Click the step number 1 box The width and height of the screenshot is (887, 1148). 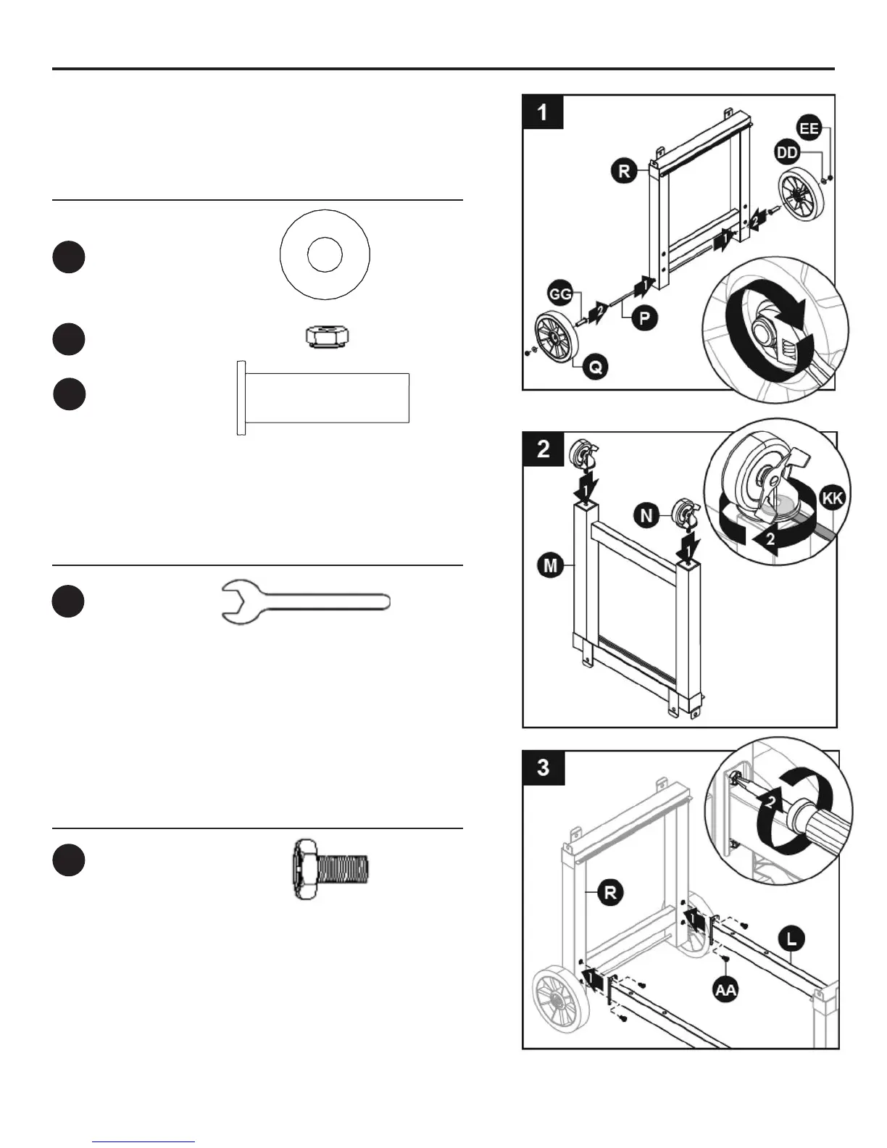click(543, 112)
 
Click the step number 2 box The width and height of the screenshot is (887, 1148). click(543, 449)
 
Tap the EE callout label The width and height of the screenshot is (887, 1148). click(809, 129)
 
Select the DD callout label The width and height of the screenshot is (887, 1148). click(787, 152)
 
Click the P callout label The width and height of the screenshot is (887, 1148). click(644, 317)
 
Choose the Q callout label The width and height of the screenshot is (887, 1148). click(595, 367)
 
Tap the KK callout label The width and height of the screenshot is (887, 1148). click(833, 498)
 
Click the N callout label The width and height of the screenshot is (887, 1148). click(646, 515)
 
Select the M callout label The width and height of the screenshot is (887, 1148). click(551, 565)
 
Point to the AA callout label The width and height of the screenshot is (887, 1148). click(725, 989)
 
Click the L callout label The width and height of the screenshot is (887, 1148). click(791, 939)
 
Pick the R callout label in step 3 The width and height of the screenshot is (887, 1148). click(611, 892)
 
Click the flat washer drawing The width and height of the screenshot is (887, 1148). click(325, 254)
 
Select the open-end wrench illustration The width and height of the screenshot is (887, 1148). click(305, 602)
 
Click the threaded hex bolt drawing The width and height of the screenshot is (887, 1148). click(330, 869)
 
